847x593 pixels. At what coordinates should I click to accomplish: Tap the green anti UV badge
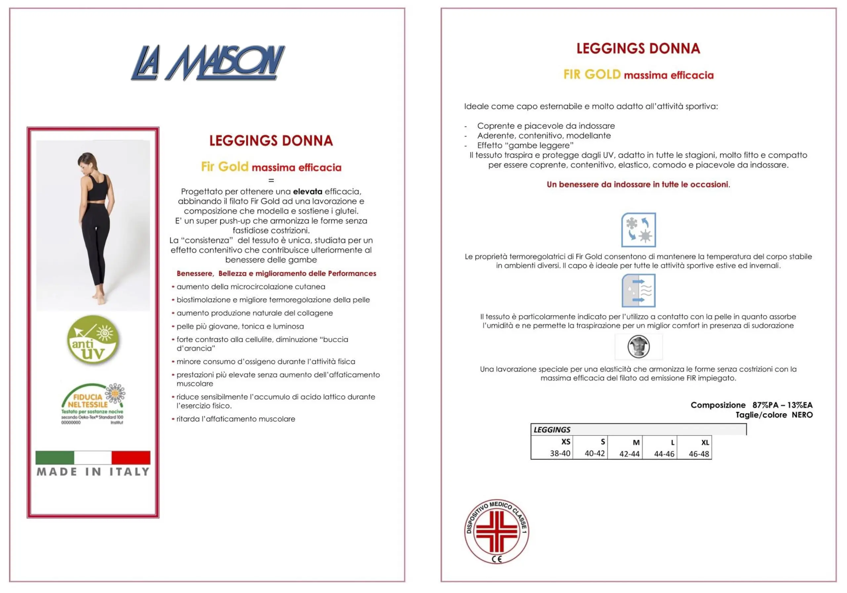[93, 340]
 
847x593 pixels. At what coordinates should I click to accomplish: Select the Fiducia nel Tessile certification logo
[93, 404]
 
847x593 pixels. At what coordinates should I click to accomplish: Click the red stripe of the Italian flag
[131, 458]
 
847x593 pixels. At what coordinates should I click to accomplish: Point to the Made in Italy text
[93, 472]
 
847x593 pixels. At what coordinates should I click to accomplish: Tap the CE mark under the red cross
[497, 559]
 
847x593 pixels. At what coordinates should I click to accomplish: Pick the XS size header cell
[565, 442]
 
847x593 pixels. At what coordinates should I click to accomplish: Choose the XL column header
[705, 442]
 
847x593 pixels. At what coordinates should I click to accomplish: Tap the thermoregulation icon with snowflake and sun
[638, 230]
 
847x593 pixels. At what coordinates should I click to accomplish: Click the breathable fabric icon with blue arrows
[638, 291]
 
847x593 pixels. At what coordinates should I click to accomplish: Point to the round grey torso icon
[638, 346]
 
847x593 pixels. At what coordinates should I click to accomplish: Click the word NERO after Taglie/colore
[802, 415]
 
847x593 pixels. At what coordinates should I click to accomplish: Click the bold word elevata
[307, 192]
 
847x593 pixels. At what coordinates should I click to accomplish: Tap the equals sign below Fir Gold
[271, 180]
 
